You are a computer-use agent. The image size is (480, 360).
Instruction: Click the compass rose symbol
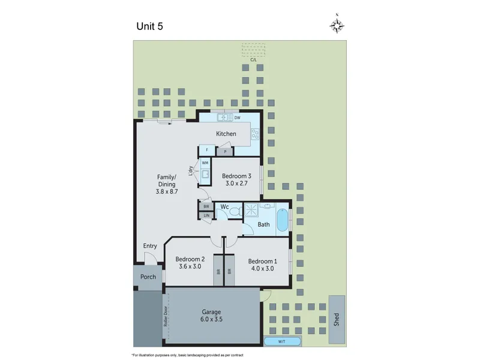tap(337, 25)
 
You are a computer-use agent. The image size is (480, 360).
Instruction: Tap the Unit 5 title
tap(149, 26)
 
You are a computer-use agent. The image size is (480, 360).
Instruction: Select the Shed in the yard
tap(337, 320)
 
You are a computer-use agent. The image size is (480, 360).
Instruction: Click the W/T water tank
tap(282, 341)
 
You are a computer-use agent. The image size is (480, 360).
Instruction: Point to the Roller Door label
tap(166, 316)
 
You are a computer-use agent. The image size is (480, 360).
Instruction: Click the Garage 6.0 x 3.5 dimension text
tap(211, 319)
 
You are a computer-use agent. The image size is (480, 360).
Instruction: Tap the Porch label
tap(148, 277)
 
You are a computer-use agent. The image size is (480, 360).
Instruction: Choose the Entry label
tap(150, 246)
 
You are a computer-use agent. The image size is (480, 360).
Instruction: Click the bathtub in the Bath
tap(282, 220)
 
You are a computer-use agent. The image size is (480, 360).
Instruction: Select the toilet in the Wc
tap(235, 212)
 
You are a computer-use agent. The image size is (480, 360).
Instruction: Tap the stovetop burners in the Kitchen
tap(254, 134)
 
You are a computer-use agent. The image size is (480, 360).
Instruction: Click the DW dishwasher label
tap(237, 118)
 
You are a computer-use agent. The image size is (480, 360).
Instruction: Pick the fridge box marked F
tap(207, 150)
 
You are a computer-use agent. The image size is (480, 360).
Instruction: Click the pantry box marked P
tap(225, 152)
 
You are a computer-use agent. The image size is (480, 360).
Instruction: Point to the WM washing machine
tap(205, 163)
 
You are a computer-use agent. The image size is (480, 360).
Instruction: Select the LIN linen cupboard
tap(206, 215)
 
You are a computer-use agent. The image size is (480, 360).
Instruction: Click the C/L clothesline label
tap(253, 59)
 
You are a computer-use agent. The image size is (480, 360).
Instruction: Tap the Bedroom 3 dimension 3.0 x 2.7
tap(236, 184)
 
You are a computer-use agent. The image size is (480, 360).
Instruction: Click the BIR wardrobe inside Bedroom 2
tap(218, 270)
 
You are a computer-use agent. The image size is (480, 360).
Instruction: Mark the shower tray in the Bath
tap(251, 210)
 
